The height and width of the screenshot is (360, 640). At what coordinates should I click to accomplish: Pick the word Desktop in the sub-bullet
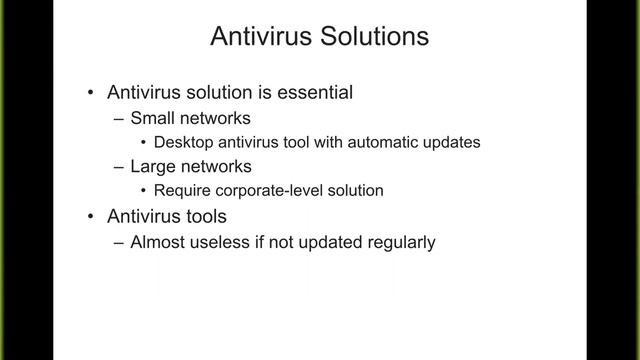coord(185,142)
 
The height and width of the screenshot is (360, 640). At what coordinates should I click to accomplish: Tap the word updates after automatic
coord(452,142)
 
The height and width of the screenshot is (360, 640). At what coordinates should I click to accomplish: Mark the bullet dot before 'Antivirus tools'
coord(91,216)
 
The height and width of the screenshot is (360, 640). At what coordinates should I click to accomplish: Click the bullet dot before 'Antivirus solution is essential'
coord(91,93)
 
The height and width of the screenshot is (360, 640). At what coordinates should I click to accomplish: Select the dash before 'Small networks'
coord(120,118)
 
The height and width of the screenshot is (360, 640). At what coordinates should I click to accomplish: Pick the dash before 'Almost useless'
coord(120,241)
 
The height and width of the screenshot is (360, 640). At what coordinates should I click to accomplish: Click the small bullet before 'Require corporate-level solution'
coord(146,190)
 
